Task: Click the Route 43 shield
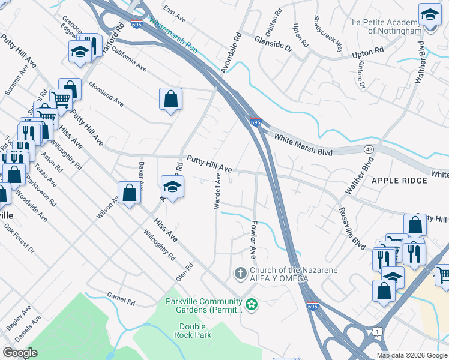(367, 148)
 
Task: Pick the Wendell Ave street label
(218, 191)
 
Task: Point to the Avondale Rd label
(231, 53)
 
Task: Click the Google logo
(20, 353)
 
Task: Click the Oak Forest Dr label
(19, 238)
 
